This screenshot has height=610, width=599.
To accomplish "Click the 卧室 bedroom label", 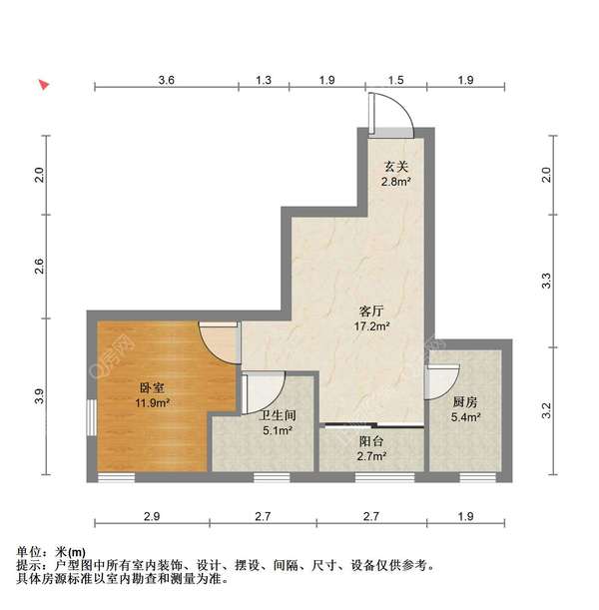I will (x=153, y=388).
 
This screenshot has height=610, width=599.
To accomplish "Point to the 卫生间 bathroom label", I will (x=277, y=416).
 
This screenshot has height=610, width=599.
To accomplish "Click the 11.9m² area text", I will (x=153, y=403).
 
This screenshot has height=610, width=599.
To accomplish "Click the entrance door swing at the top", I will (x=390, y=115).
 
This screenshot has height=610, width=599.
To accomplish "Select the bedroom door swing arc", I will (x=216, y=343).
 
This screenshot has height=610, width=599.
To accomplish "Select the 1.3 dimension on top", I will (x=264, y=78).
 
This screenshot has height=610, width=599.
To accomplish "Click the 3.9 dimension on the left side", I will (x=39, y=396).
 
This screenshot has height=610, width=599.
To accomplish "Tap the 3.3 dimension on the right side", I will (x=545, y=282).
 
